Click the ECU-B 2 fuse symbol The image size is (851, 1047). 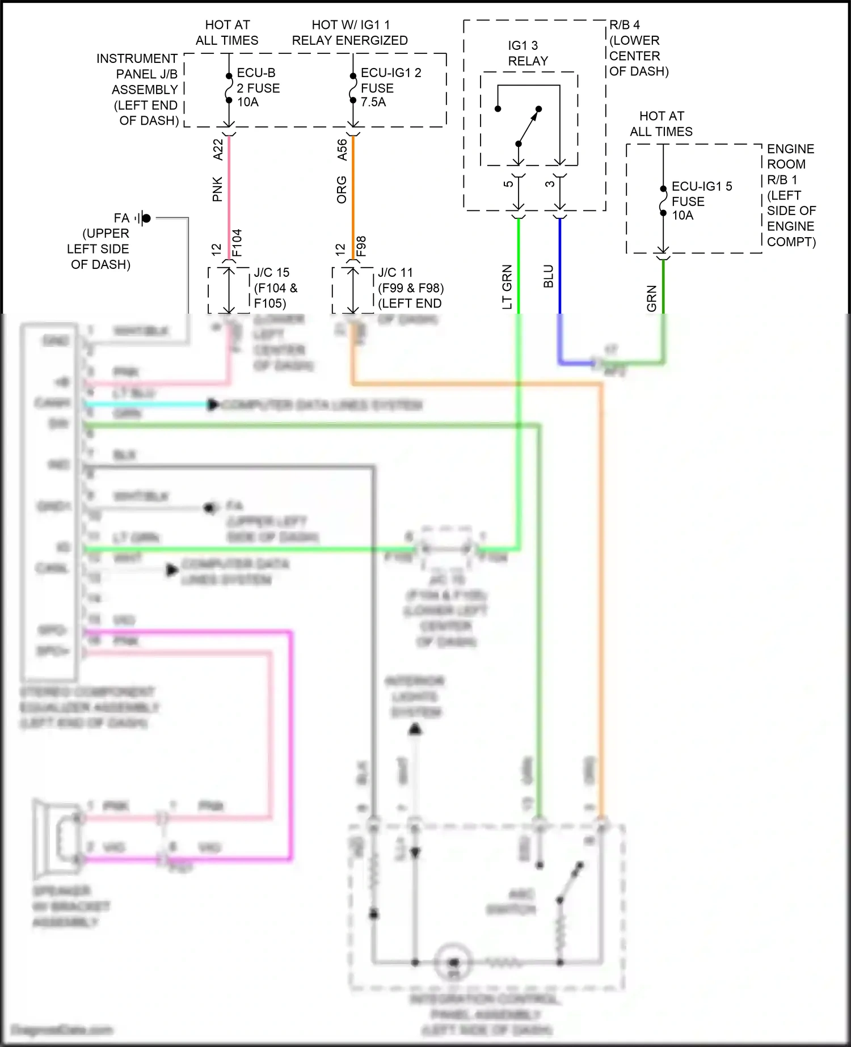[x=229, y=88]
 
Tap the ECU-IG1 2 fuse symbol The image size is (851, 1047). [x=353, y=88]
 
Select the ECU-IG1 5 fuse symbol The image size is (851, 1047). [x=663, y=201]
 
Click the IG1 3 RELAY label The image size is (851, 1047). [x=528, y=53]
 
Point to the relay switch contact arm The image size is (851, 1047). [x=528, y=126]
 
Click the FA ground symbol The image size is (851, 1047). [x=144, y=218]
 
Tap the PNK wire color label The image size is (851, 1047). [x=217, y=189]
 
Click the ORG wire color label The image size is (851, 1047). [x=342, y=189]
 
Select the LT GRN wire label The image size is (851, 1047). [x=507, y=286]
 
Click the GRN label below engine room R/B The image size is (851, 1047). [x=651, y=298]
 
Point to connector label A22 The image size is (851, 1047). [x=218, y=149]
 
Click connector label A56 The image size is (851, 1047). [x=342, y=150]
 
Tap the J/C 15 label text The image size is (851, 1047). [x=272, y=272]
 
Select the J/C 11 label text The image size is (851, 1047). [x=395, y=272]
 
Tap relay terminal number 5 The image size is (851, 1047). [x=508, y=183]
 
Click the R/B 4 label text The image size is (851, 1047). [x=625, y=25]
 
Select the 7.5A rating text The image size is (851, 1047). [x=373, y=102]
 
